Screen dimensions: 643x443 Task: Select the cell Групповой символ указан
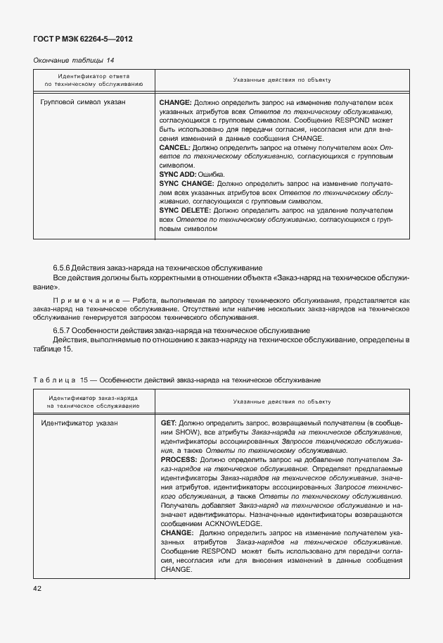84,103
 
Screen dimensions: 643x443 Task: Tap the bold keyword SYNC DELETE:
185,210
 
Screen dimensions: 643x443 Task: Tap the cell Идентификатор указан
79,423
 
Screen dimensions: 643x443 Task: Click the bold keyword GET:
168,423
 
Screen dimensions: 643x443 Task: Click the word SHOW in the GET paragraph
185,432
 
